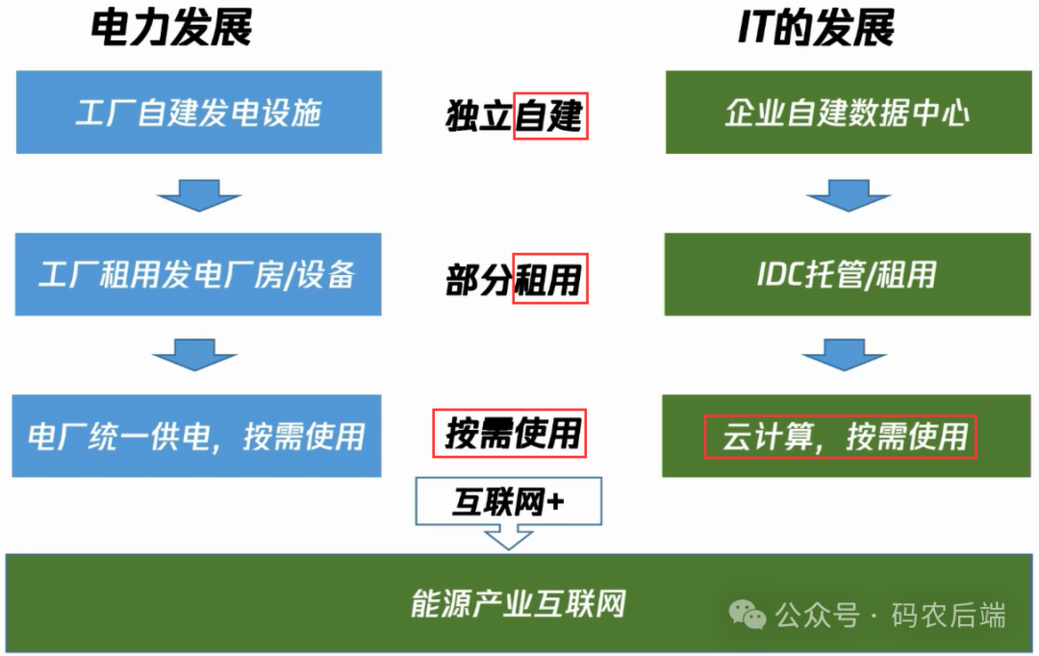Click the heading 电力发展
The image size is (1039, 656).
click(x=171, y=29)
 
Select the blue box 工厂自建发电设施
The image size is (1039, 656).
click(x=198, y=114)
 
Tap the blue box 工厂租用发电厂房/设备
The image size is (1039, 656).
click(x=198, y=275)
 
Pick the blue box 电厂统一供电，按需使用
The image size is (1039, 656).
click(x=196, y=436)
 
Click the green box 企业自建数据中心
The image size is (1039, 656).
click(x=847, y=114)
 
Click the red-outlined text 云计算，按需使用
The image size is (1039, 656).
click(x=840, y=437)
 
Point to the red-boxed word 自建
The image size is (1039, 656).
click(x=549, y=116)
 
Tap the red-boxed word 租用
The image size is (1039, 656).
click(x=549, y=280)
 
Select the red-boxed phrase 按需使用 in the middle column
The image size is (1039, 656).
click(x=510, y=434)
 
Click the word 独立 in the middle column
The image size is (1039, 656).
click(x=479, y=116)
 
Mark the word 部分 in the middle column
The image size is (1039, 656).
click(x=478, y=280)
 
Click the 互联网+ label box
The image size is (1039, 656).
click(x=508, y=502)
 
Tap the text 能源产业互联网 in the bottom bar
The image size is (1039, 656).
click(x=518, y=604)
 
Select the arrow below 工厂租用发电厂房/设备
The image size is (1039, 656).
click(x=194, y=356)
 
